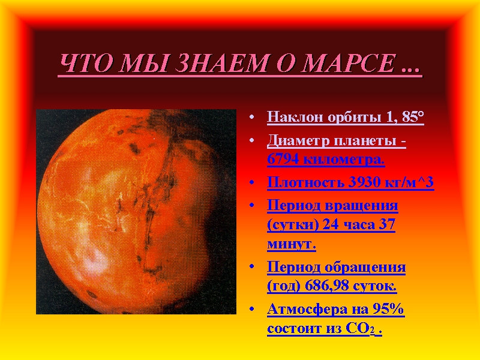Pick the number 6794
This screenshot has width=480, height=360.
tap(283, 159)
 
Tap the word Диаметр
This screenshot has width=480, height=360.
tap(298, 142)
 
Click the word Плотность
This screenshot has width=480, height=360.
tap(306, 182)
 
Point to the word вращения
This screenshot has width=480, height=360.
tap(361, 206)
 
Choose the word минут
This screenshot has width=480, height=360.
tap(292, 244)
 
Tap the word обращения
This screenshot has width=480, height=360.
tap(365, 268)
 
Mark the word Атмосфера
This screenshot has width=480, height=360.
tap(307, 309)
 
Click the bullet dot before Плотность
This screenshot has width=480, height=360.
tap(252, 183)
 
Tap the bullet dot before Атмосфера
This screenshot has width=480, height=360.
tap(252, 309)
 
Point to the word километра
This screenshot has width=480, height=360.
tap(344, 160)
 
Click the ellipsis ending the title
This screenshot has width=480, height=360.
tap(410, 70)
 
